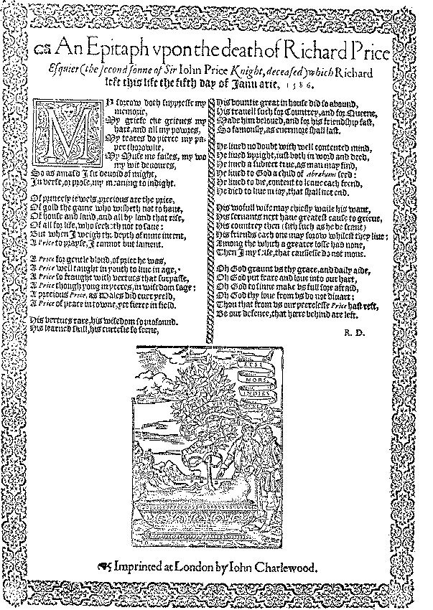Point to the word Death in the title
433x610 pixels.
tap(231, 51)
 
